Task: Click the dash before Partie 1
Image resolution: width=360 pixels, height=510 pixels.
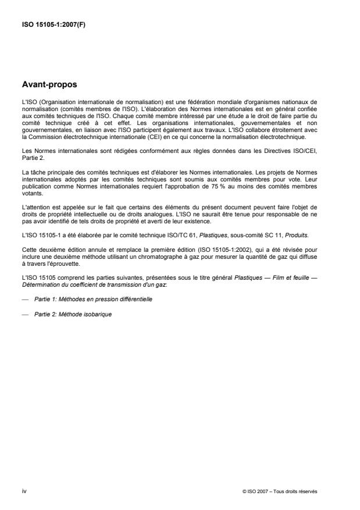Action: tap(24, 298)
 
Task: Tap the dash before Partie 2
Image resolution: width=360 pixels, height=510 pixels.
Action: tap(24, 314)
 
